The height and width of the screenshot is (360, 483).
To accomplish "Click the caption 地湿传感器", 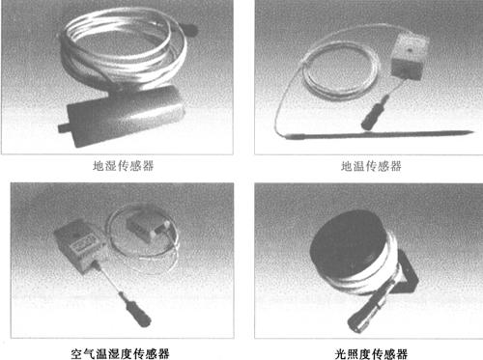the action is tap(124, 166).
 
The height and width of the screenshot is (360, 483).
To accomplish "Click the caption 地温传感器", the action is tap(371, 166).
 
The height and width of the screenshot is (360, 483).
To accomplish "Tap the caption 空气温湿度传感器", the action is tap(120, 353).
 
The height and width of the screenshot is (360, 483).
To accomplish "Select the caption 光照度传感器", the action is tap(371, 354).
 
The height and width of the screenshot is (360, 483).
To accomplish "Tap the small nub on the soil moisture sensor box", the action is tap(63, 127).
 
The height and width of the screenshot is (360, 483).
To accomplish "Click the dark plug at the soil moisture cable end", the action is tap(189, 30).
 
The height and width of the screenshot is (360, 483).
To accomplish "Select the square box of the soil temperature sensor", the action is tap(409, 56).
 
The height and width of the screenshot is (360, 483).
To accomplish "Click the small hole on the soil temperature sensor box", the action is tap(410, 50).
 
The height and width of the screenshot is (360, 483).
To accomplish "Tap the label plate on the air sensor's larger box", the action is tap(84, 243).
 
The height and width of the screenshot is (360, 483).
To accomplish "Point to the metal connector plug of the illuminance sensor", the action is tap(370, 306).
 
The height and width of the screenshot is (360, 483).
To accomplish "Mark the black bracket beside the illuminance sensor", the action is tap(408, 273).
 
